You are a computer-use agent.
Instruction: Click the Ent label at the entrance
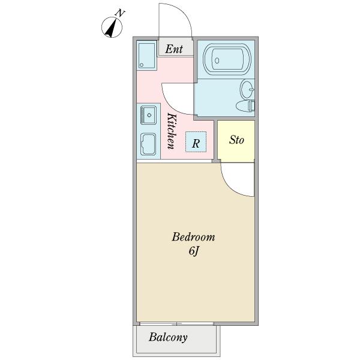174,49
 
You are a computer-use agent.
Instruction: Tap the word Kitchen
172,131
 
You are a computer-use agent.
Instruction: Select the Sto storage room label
236,140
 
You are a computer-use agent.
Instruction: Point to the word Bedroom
193,237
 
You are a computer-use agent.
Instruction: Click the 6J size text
193,251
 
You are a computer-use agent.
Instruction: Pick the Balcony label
168,337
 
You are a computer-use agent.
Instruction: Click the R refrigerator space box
196,142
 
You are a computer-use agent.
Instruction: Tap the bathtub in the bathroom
227,59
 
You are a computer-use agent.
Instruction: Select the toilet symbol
245,106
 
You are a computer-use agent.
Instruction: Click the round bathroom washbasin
247,89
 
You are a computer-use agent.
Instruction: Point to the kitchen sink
148,115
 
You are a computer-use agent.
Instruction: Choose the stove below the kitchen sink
148,145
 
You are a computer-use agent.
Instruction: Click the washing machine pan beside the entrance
147,55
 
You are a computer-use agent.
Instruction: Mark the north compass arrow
112,28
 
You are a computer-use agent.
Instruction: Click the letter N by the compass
120,13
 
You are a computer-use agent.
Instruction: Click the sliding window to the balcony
176,324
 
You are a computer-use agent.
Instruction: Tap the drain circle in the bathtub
217,61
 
